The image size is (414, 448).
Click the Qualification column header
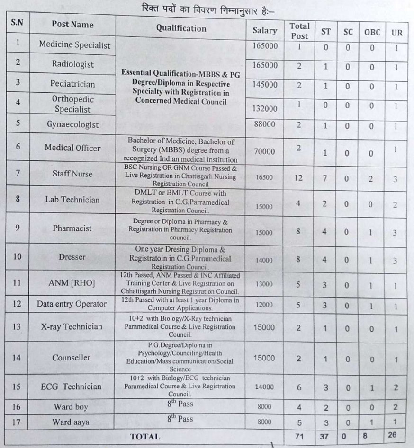click(181, 28)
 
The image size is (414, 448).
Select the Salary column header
click(264, 30)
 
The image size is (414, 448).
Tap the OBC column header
click(372, 32)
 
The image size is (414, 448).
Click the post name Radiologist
click(73, 64)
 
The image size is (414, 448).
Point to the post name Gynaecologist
click(73, 125)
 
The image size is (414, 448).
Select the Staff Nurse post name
click(72, 174)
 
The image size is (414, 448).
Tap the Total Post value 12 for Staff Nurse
click(299, 178)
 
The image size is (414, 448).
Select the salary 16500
click(264, 178)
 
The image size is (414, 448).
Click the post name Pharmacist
click(72, 228)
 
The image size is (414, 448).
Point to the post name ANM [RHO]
click(72, 283)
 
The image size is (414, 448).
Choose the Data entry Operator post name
click(72, 304)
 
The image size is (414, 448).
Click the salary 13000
click(264, 284)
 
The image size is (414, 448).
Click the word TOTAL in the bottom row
click(145, 437)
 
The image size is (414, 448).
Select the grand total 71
click(299, 436)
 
